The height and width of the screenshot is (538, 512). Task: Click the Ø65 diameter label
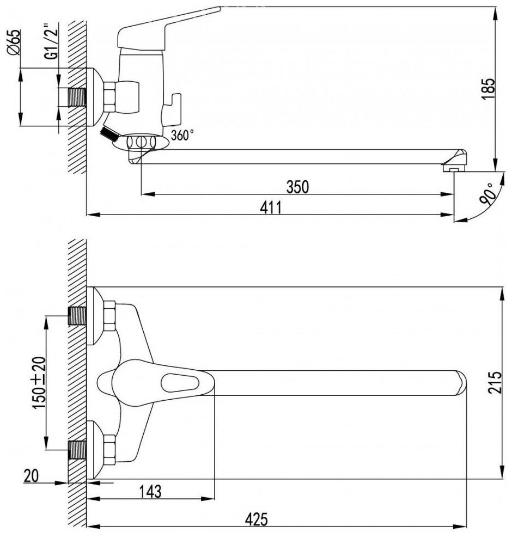point(15,44)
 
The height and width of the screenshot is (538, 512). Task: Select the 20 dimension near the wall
point(31,476)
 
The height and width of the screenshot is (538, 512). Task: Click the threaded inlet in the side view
point(76,98)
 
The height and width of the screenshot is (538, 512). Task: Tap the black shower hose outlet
point(110,133)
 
